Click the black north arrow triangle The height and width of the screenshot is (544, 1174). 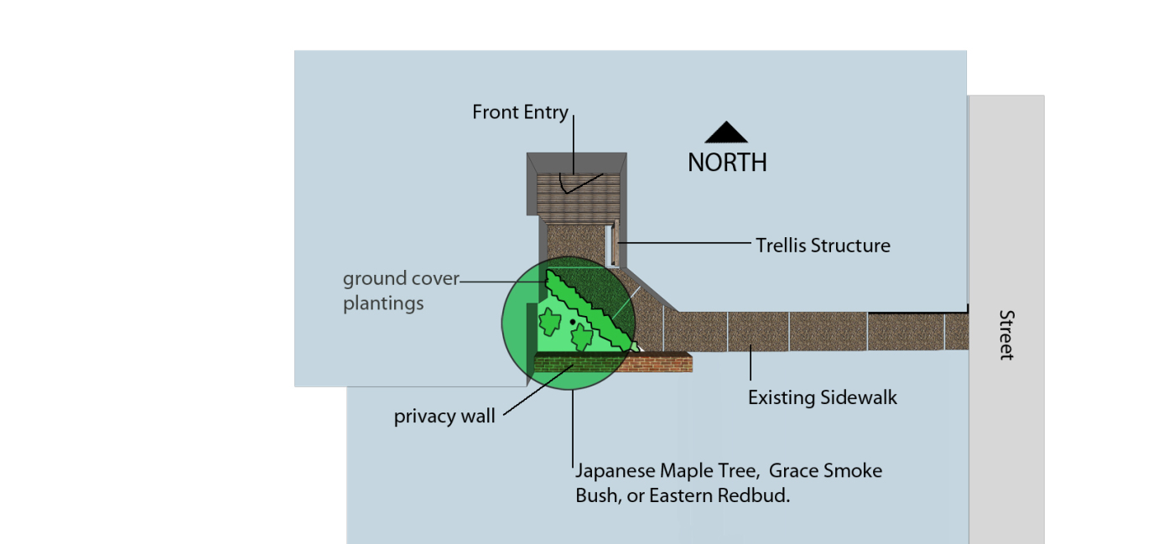click(726, 134)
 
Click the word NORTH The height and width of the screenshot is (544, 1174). click(727, 163)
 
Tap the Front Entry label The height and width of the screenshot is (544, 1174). click(520, 112)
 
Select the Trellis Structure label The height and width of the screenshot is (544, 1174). click(823, 246)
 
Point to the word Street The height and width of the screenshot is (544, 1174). click(1006, 335)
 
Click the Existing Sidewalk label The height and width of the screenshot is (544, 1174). click(822, 397)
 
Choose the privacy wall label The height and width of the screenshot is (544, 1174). click(444, 417)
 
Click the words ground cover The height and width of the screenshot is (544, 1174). click(401, 278)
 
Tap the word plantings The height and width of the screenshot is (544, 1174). click(383, 303)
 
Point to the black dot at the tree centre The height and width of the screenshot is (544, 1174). click(573, 321)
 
